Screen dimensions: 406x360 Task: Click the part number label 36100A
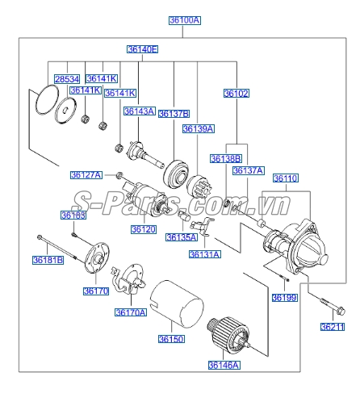184,20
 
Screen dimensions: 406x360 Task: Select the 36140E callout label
142,50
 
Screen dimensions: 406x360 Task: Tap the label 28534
68,79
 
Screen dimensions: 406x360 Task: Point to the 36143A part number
139,111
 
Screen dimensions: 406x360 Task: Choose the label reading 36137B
174,113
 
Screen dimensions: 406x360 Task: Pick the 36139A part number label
198,128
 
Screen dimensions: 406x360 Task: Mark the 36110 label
285,178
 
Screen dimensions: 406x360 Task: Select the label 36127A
86,175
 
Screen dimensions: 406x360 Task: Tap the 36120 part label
144,229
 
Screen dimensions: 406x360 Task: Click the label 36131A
204,254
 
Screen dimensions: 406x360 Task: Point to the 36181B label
48,260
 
